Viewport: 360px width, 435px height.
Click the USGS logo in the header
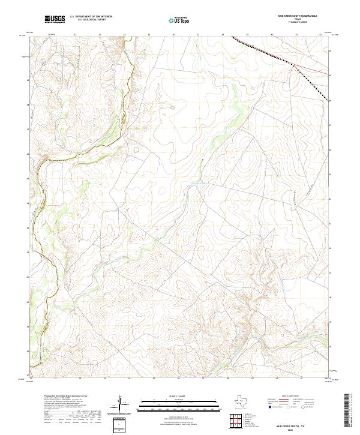(x=55, y=20)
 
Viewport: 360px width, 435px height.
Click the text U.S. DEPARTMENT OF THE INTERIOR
(x=91, y=17)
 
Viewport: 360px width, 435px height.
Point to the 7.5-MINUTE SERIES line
(x=296, y=22)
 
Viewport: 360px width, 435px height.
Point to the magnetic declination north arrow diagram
(x=120, y=404)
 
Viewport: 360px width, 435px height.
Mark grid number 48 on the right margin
(x=331, y=101)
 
